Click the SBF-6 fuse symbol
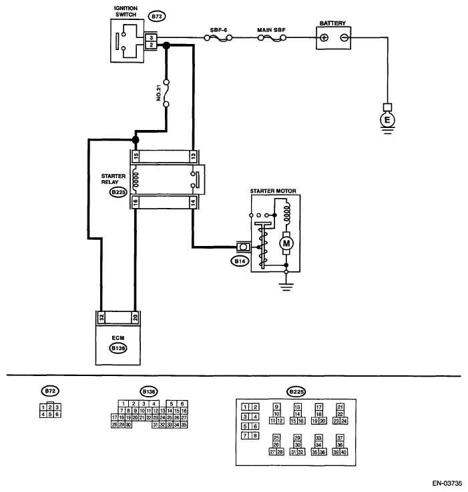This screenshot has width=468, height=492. pos(218,38)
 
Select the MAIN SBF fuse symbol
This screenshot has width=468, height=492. pos(272,38)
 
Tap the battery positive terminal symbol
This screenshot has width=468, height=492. pos(324,38)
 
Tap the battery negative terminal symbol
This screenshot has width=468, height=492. pos(344,38)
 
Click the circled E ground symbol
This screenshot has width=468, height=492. pos(387,120)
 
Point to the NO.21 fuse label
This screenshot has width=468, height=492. pos(159,93)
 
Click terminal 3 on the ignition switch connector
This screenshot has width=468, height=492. pos(151,37)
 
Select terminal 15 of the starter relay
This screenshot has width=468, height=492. pos(136,156)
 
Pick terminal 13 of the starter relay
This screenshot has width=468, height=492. pos(193,156)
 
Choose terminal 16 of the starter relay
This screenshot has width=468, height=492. pos(136,203)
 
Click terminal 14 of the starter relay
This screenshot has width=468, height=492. pos(193,203)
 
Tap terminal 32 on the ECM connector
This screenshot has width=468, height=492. pos(101,317)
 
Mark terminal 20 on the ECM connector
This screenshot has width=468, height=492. pos(135,317)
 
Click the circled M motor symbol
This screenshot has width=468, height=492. pos(286,243)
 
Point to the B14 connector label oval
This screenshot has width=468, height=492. pos(240,261)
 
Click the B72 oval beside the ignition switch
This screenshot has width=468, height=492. pos(156,16)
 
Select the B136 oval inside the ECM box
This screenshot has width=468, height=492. pos(118,348)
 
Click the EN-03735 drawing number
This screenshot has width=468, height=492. pos(447,483)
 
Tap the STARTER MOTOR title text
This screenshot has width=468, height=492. pos(273,191)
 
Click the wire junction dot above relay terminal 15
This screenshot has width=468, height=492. pos(136,139)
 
